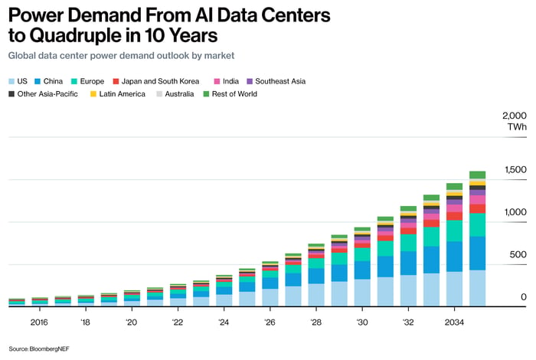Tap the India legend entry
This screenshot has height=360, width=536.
[x=227, y=81]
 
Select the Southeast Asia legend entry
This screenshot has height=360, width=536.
[x=276, y=81]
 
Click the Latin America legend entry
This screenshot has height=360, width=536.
[x=118, y=94]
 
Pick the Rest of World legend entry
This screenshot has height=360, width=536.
[x=230, y=94]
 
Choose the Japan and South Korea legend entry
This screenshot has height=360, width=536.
[x=156, y=81]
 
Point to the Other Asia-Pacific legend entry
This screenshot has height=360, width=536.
[x=44, y=94]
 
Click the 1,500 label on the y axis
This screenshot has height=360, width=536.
[x=515, y=170]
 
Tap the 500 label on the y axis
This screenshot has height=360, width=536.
[x=518, y=255]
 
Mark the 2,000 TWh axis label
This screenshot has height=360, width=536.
[x=515, y=121]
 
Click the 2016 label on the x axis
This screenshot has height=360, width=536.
[x=39, y=322]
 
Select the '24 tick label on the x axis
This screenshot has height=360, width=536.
[x=224, y=322]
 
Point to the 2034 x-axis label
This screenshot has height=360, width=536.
[x=454, y=322]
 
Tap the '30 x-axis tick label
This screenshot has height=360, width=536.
[x=362, y=322]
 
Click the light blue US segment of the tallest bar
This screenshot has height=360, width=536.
[x=477, y=288]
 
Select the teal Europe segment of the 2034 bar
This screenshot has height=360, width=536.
[x=454, y=231]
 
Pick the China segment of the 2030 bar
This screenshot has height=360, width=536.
[x=362, y=270]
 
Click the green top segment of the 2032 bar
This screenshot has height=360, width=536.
[x=408, y=208]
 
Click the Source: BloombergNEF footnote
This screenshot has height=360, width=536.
[x=39, y=349]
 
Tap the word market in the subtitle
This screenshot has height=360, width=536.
[x=219, y=56]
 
